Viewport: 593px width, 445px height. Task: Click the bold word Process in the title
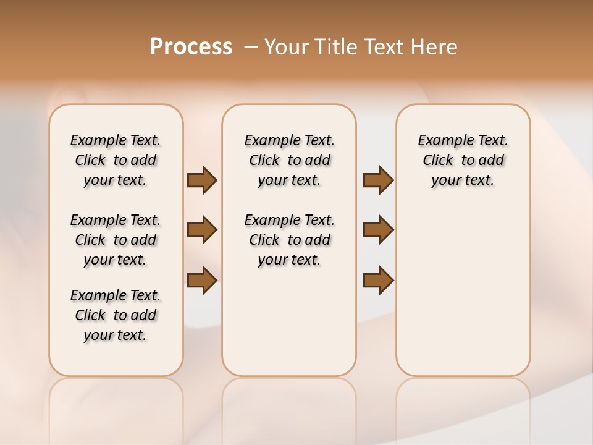(x=191, y=47)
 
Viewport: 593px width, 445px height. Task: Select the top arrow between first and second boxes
(x=202, y=180)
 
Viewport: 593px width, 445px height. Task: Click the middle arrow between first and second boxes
(x=202, y=230)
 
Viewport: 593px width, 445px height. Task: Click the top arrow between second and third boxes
(x=378, y=180)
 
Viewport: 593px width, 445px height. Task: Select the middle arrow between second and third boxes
(x=378, y=230)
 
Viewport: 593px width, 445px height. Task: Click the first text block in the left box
(x=116, y=160)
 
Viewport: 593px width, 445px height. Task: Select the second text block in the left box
(x=116, y=240)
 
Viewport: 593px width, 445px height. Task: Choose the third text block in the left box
(x=116, y=315)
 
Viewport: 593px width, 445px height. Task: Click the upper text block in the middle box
(x=289, y=160)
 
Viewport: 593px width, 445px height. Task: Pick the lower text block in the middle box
(x=289, y=240)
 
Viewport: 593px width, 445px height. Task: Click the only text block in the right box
(x=463, y=160)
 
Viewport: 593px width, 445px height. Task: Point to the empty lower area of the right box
(x=463, y=290)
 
